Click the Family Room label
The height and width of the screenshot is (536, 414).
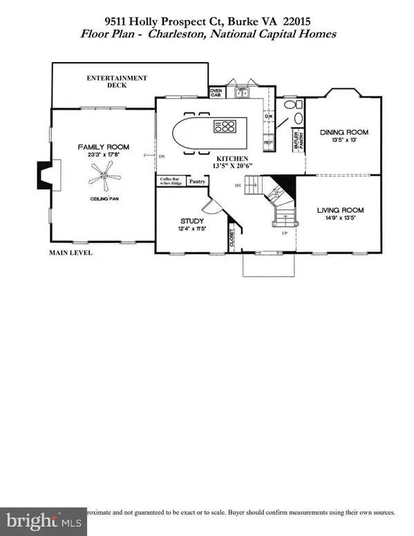click(x=104, y=147)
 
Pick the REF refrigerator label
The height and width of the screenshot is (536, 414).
click(x=269, y=142)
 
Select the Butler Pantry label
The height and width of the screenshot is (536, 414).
click(x=298, y=140)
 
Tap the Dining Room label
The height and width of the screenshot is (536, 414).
click(x=344, y=132)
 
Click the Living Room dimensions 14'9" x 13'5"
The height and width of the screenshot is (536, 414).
click(x=340, y=219)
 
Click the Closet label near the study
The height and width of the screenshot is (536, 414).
click(x=231, y=239)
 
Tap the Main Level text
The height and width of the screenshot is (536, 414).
click(x=70, y=253)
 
